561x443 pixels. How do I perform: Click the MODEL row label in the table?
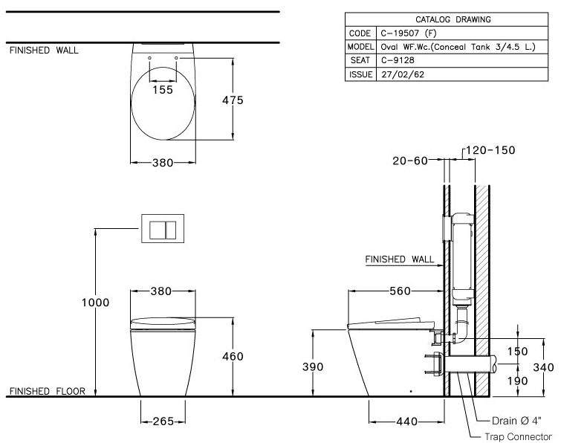[359, 47]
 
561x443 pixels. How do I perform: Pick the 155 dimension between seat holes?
[163, 89]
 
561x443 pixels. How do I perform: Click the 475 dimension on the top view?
[233, 100]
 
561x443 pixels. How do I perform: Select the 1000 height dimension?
[96, 303]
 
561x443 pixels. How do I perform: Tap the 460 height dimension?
[233, 357]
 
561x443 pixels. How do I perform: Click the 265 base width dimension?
[163, 421]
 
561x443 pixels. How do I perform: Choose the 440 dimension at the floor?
[406, 421]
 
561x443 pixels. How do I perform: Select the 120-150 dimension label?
[490, 150]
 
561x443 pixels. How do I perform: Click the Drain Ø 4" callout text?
[518, 419]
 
